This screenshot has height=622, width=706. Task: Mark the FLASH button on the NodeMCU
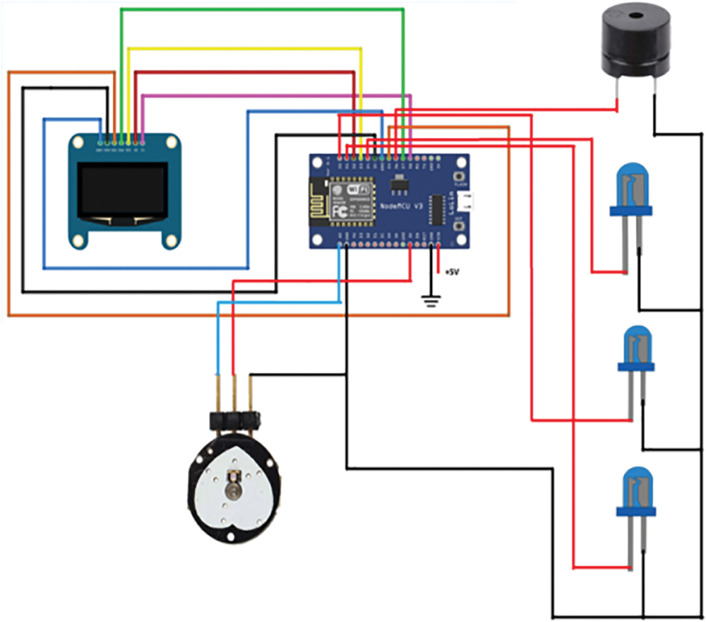pos(460,176)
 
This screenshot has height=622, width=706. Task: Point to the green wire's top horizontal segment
pos(262,9)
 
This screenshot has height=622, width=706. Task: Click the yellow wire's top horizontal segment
pos(244,48)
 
